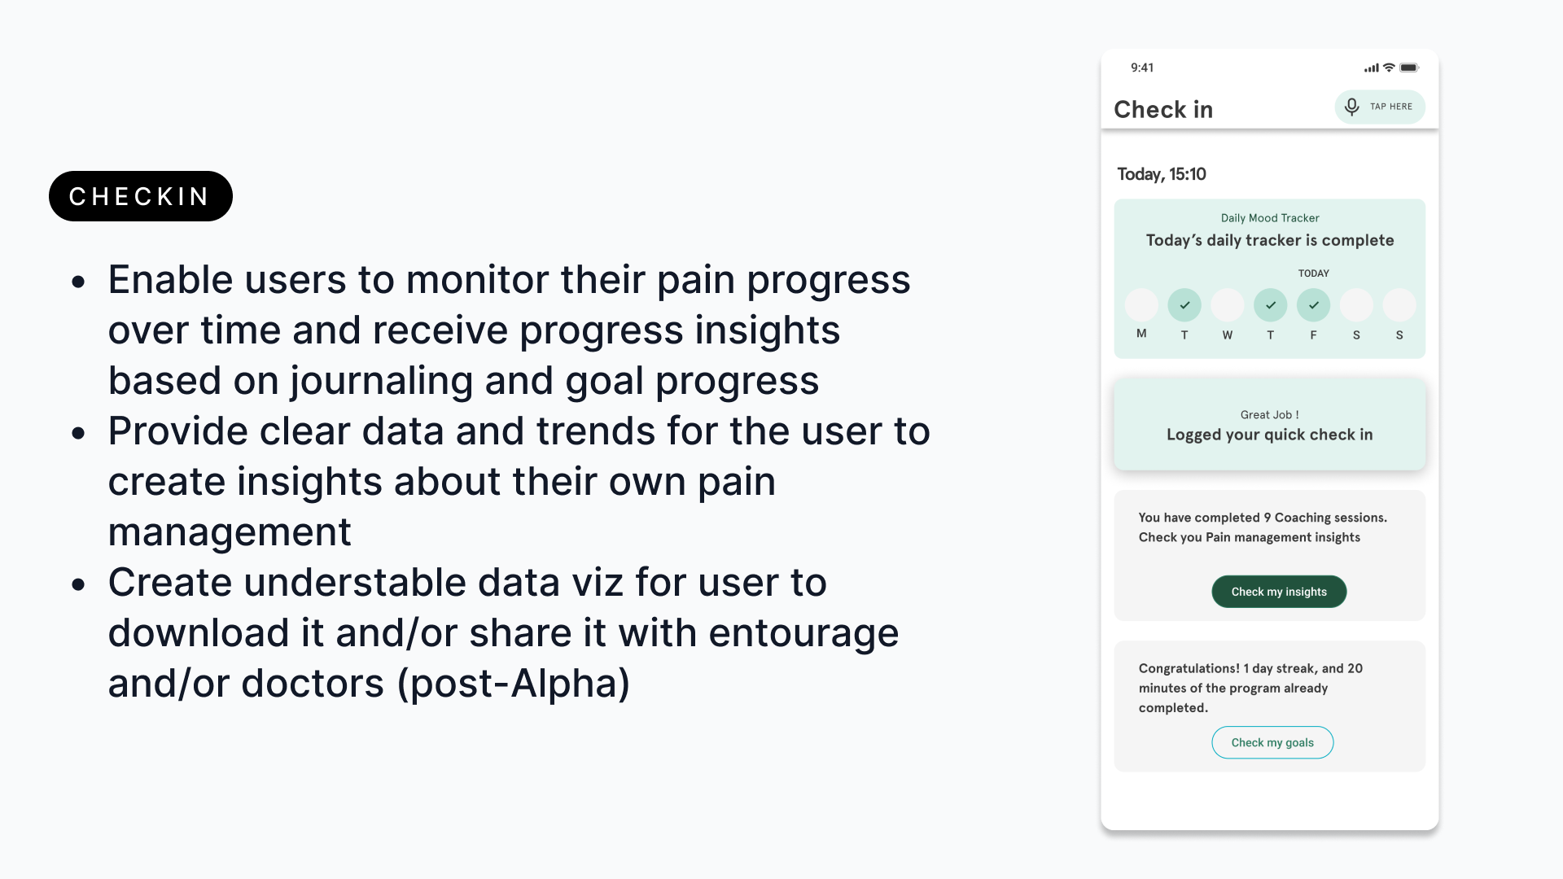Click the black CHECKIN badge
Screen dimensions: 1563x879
141,196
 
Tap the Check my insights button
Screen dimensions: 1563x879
1279,592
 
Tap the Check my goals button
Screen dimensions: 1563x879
1272,742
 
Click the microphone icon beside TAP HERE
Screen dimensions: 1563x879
1352,107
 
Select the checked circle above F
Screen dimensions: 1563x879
1313,305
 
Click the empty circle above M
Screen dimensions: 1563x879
1141,305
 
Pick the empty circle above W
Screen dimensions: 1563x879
1228,305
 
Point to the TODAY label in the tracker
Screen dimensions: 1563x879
1313,273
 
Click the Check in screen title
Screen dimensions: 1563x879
1163,109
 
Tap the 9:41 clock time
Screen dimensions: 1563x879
1142,68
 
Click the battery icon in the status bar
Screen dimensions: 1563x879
1409,68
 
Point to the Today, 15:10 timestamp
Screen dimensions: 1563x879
1162,174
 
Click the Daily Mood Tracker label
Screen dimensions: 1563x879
1270,218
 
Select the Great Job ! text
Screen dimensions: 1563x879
1270,415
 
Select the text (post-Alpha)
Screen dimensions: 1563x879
514,684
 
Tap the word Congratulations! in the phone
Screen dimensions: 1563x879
1189,668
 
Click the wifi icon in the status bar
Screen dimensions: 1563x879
1389,68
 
